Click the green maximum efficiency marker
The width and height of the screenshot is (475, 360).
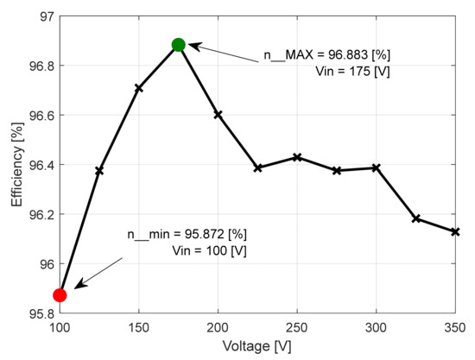tap(178, 45)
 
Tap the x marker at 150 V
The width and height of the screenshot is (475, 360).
tap(138, 88)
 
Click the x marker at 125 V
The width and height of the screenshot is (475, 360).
tap(99, 171)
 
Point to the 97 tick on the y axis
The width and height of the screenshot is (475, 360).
tap(42, 16)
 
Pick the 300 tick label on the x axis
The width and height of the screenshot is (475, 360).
tap(376, 328)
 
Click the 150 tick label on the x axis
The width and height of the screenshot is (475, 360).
tap(138, 328)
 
